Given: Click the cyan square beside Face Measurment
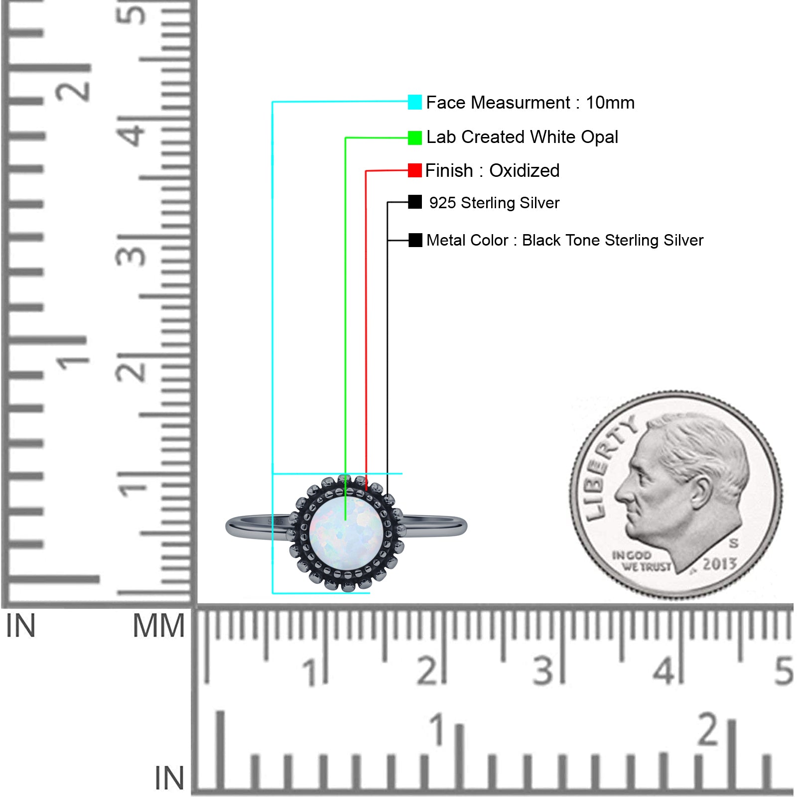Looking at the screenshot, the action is (x=414, y=102).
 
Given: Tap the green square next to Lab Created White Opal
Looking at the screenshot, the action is (x=414, y=137).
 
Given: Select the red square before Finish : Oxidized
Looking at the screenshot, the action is (x=414, y=170).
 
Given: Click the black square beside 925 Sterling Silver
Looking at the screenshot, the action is (x=414, y=202).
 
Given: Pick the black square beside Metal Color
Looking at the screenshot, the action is (x=415, y=240).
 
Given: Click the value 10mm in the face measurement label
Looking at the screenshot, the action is (x=610, y=103).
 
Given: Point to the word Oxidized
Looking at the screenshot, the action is (x=524, y=170).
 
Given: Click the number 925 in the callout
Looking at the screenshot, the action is (x=442, y=203).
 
